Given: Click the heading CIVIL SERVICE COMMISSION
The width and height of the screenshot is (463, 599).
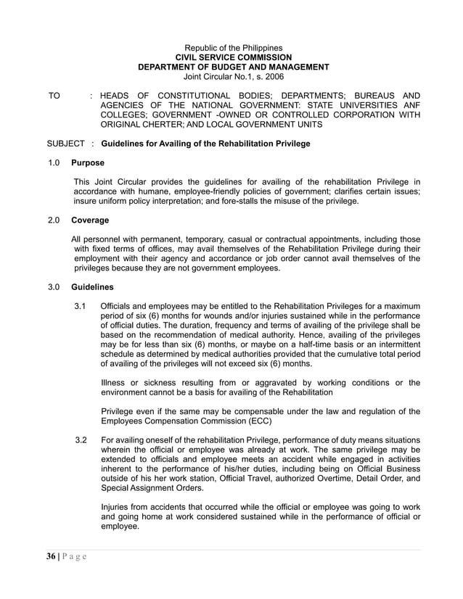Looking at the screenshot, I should [234, 57].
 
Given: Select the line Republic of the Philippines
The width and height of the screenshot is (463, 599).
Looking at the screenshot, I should [234, 48].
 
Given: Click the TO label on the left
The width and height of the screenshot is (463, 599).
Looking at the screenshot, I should [54, 96].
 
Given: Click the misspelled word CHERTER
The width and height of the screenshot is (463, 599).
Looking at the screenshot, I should [160, 125].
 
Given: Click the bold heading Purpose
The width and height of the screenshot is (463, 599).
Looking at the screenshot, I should [88, 163].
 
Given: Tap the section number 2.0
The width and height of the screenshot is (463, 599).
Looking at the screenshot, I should [53, 220].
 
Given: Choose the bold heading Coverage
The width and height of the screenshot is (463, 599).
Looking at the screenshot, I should [90, 220].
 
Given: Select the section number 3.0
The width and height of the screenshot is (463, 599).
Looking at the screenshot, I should [53, 288].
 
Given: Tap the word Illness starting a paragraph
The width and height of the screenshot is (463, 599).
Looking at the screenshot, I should [114, 383].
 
